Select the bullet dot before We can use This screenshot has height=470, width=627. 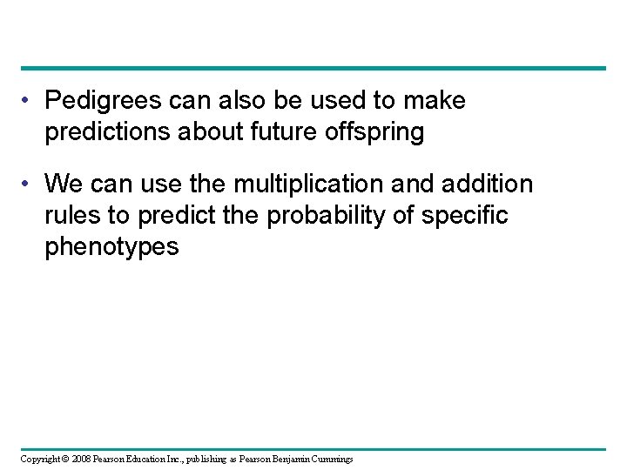pos(30,185)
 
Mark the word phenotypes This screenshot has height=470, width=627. pos(111,246)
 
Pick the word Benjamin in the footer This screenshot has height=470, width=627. pos(278,458)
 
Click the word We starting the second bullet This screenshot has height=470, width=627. pos(62,184)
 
